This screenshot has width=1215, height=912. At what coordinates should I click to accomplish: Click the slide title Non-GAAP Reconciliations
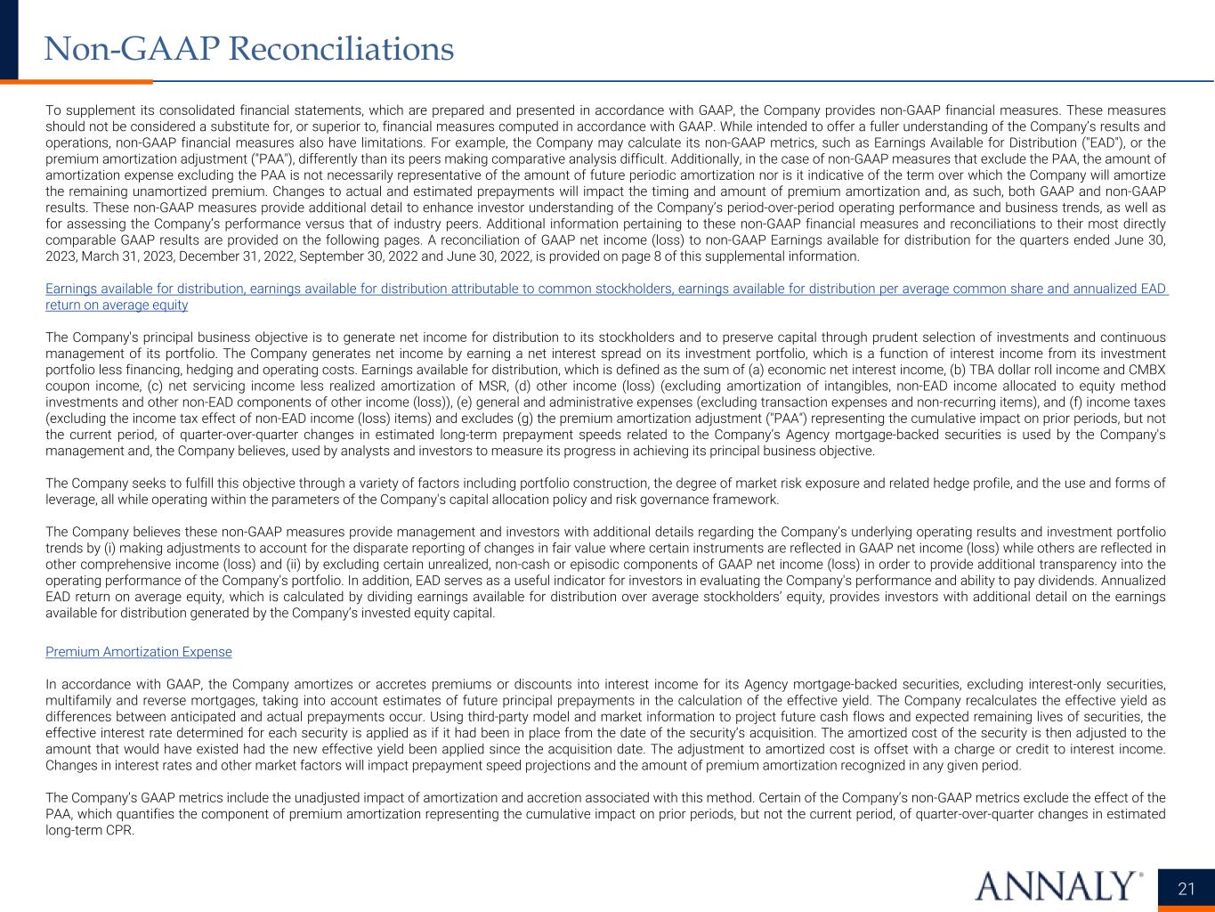coord(249,48)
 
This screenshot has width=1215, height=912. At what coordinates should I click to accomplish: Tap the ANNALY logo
coord(1058,886)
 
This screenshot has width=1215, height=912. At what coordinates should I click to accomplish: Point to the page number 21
coord(1186,889)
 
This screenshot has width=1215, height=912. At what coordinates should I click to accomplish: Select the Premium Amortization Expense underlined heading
coord(138,652)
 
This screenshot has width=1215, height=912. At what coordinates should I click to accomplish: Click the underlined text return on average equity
coord(117,305)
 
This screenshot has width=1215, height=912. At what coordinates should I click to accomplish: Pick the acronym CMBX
coord(1147,370)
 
